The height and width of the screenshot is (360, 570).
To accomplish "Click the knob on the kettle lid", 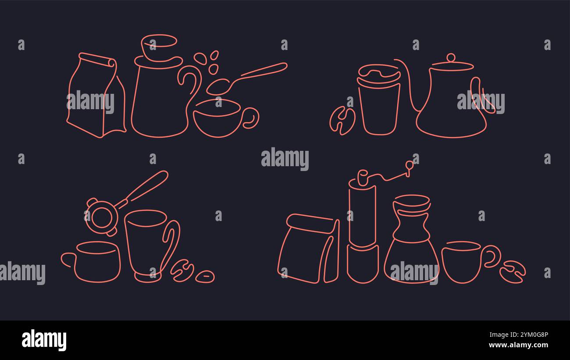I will tap(451, 58).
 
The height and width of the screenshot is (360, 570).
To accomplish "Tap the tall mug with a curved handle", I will tap(147, 243).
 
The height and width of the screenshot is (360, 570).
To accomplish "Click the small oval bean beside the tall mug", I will tap(205, 276).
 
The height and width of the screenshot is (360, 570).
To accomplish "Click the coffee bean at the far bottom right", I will tap(512, 272).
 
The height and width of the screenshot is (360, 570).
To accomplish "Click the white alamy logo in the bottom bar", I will tap(44, 340).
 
